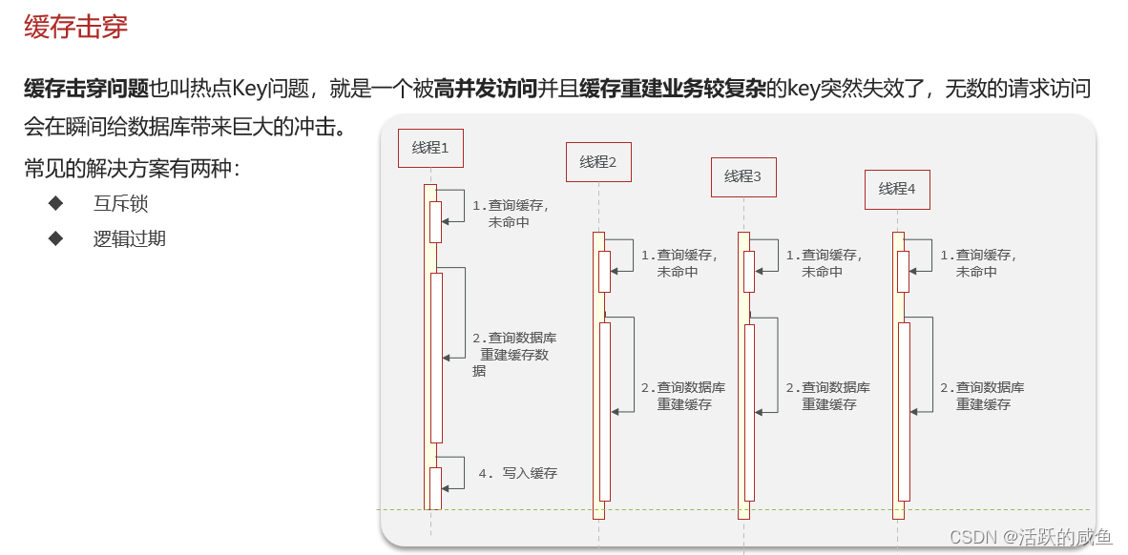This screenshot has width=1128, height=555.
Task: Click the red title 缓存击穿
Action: pyautogui.click(x=75, y=27)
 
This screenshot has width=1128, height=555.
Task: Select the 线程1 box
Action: pyautogui.click(x=430, y=148)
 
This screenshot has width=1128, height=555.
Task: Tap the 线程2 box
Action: pyautogui.click(x=598, y=162)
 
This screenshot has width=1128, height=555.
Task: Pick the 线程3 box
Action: pyautogui.click(x=743, y=176)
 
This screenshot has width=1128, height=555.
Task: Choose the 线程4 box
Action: pyautogui.click(x=897, y=189)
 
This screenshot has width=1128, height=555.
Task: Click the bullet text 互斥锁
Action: pyautogui.click(x=120, y=203)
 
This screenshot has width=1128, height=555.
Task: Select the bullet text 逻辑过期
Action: pyautogui.click(x=129, y=238)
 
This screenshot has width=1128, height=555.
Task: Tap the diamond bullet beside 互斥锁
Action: pyautogui.click(x=55, y=203)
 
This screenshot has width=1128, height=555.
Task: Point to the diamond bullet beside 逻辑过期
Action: pyautogui.click(x=55, y=237)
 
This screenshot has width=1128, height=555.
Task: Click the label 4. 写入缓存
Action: pyautogui.click(x=517, y=473)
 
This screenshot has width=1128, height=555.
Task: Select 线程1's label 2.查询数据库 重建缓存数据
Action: pyautogui.click(x=514, y=355)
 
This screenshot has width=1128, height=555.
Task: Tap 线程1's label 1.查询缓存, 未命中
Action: pyautogui.click(x=511, y=214)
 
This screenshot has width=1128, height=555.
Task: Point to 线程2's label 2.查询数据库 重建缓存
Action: pyautogui.click(x=682, y=396)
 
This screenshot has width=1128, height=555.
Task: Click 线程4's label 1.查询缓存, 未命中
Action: pyautogui.click(x=978, y=263)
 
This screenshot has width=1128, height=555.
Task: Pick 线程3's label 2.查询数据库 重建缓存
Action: pyautogui.click(x=827, y=396)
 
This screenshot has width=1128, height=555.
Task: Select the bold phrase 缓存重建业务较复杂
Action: pyautogui.click(x=672, y=90)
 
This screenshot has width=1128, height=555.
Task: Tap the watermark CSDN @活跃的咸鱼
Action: pyautogui.click(x=1044, y=538)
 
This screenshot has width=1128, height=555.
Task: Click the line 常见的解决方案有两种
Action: pyautogui.click(x=133, y=169)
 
